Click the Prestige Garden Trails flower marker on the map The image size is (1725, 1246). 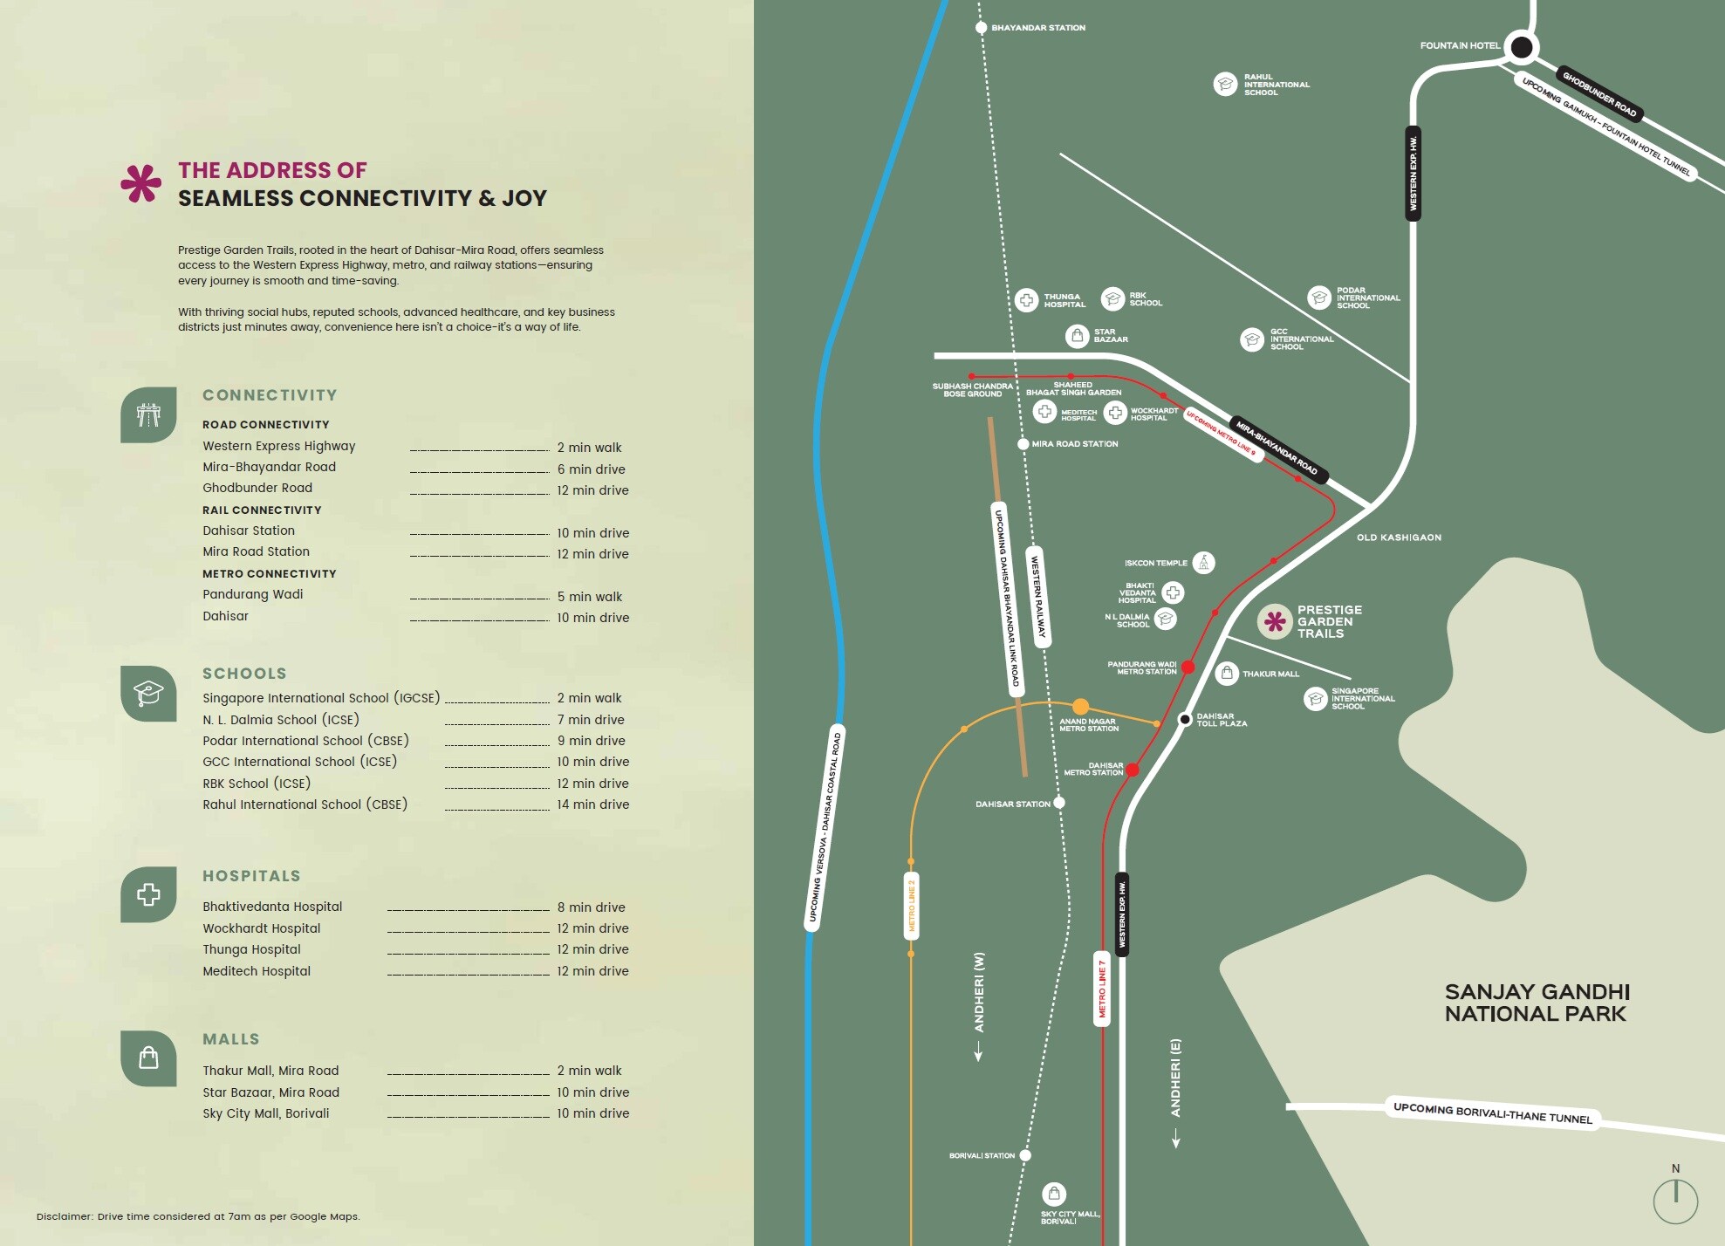1275,621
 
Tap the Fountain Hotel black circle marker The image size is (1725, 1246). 1521,47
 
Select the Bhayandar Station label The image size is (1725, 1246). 1037,28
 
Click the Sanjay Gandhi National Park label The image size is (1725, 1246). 1537,1003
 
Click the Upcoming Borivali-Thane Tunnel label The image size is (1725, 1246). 1492,1112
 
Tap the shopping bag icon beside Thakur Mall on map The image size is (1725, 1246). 1227,673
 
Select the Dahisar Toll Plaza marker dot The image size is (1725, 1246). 1185,719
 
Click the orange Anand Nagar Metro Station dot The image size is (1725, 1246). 1080,706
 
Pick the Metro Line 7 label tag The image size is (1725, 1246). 1102,989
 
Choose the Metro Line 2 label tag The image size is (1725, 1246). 912,905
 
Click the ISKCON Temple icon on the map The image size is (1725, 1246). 1203,562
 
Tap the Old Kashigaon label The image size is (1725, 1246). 1399,537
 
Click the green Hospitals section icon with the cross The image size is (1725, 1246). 148,894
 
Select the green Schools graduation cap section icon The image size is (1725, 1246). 148,694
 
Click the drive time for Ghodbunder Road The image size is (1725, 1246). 592,490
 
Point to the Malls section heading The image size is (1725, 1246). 231,1039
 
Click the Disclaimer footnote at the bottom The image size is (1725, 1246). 198,1216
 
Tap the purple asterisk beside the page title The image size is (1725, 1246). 141,183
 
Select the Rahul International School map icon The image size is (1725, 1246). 1225,84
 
